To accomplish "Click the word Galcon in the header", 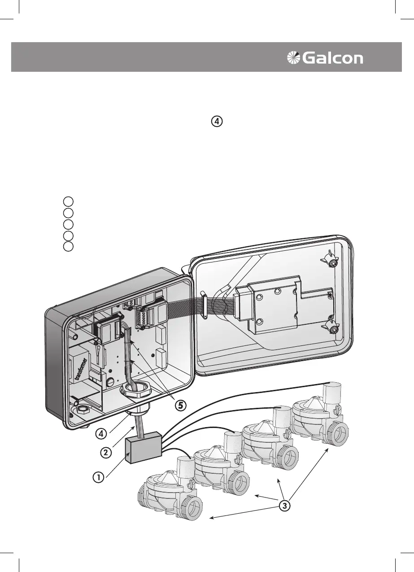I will [x=333, y=58].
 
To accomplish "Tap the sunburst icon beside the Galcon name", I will [x=294, y=58].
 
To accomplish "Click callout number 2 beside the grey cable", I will [x=105, y=452].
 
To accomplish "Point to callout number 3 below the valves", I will [x=283, y=505].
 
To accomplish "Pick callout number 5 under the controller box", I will [x=180, y=405].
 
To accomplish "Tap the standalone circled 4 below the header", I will [x=217, y=121].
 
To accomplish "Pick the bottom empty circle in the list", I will [x=68, y=246].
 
